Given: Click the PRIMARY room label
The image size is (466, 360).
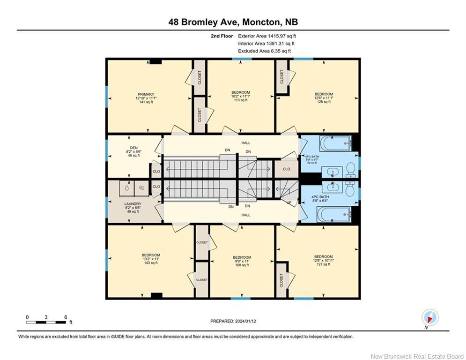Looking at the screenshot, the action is [x=146, y=94].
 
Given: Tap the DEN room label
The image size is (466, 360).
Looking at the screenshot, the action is [x=134, y=148].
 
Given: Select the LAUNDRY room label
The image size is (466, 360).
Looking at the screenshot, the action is [x=133, y=204].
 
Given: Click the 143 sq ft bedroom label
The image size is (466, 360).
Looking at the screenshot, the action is [x=151, y=259].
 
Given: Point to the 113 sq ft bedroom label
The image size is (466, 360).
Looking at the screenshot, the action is [x=241, y=96].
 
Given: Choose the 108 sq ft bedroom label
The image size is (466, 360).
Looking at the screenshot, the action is [x=242, y=261].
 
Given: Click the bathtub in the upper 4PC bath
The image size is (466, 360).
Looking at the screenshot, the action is [x=336, y=143].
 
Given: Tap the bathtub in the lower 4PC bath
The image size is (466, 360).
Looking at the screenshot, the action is [x=334, y=215].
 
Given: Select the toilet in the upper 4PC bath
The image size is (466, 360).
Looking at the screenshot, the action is [x=351, y=170].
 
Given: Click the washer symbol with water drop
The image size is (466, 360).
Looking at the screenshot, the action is [x=127, y=188].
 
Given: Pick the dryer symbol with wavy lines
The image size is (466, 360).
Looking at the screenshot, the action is [x=141, y=188].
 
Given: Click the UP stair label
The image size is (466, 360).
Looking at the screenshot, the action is [x=289, y=202].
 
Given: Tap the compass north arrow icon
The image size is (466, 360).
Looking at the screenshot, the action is [x=430, y=318].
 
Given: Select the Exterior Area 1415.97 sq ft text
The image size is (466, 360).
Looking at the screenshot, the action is [x=267, y=36].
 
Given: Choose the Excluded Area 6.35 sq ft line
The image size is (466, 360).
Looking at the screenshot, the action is [x=265, y=51].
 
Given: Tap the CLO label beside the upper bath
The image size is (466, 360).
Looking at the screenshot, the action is [x=287, y=169].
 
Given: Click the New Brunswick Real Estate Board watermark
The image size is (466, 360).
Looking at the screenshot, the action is [x=417, y=356].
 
